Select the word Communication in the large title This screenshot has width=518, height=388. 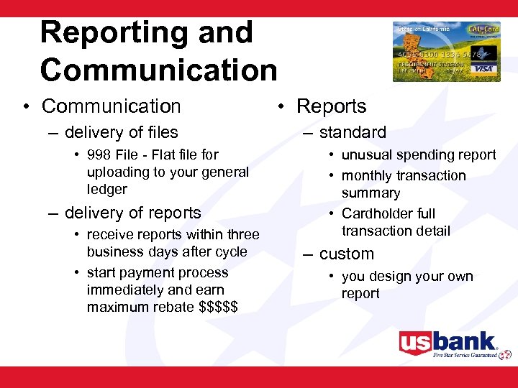click(158, 70)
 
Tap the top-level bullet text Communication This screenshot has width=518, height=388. click(112, 106)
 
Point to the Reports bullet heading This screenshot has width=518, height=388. click(331, 106)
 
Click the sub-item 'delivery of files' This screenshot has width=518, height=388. click(121, 132)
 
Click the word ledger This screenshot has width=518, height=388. click(106, 190)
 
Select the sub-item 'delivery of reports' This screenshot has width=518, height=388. click(132, 213)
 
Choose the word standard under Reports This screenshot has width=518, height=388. click(353, 132)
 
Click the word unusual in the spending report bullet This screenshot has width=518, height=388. click(365, 155)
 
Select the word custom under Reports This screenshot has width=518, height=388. click(347, 254)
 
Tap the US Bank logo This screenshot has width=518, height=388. click(447, 342)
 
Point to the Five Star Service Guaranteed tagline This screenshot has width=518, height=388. click(464, 354)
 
